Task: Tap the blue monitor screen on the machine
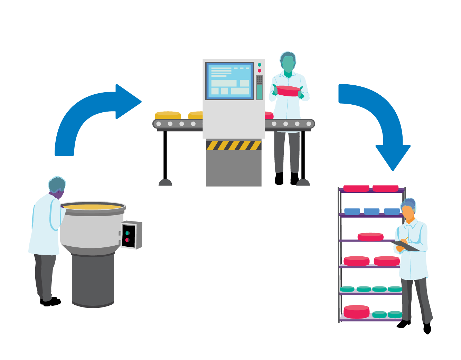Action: click(x=230, y=80)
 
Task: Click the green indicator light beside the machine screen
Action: click(x=260, y=65)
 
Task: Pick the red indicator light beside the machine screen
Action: click(x=260, y=71)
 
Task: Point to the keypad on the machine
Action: click(x=259, y=79)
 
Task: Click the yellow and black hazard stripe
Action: click(x=234, y=145)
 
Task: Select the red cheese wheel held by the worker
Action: click(x=288, y=91)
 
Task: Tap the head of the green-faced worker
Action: click(x=288, y=62)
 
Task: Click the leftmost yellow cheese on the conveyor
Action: click(x=168, y=115)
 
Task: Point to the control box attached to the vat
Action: click(x=131, y=235)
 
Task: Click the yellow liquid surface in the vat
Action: click(x=92, y=207)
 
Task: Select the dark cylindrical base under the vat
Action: click(x=93, y=280)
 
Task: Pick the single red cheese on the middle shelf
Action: click(x=370, y=237)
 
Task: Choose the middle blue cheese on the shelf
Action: click(x=371, y=211)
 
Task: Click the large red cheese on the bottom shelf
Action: click(x=357, y=311)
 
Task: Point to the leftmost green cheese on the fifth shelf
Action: click(x=347, y=289)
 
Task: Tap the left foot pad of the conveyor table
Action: click(x=165, y=182)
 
